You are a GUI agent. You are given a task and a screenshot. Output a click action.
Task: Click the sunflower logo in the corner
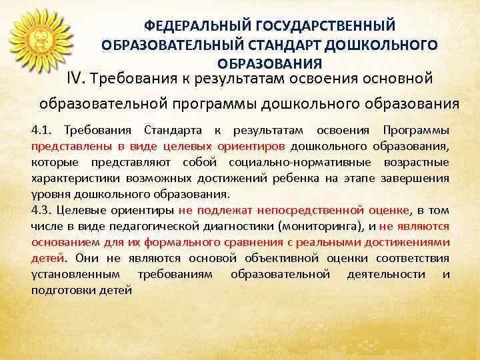(41, 39)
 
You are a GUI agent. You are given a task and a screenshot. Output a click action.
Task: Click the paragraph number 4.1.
(42, 129)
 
